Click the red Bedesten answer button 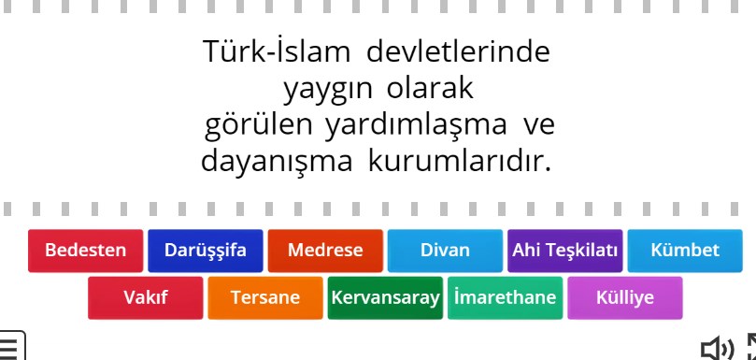click(x=86, y=251)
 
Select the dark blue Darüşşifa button click(x=206, y=251)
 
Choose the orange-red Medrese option click(x=325, y=251)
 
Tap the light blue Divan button click(x=445, y=251)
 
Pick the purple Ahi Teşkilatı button click(x=564, y=251)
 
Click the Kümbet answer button click(x=685, y=251)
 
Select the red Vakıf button click(x=146, y=298)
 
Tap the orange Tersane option click(x=265, y=298)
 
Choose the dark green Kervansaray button click(x=385, y=298)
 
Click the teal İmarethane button click(x=505, y=298)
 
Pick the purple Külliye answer click(x=625, y=298)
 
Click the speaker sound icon click(x=718, y=349)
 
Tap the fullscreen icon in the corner click(x=749, y=347)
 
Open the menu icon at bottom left click(x=11, y=347)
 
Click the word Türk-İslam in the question click(x=277, y=51)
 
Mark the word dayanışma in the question click(x=278, y=160)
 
